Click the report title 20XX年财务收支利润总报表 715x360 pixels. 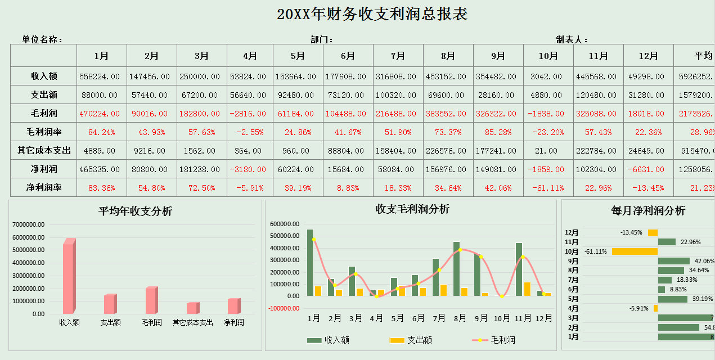tap(372, 14)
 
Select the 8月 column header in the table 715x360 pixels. tap(448, 56)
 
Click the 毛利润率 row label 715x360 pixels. tap(44, 132)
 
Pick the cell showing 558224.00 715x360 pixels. tap(100, 76)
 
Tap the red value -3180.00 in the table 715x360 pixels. tap(250, 169)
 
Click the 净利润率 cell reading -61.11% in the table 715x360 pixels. tap(548, 188)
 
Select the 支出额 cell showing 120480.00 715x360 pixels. tap(598, 95)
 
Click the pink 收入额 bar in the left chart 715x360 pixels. tap(68, 277)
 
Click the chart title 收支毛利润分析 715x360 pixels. tap(412, 209)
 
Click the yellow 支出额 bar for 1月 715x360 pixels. tap(318, 291)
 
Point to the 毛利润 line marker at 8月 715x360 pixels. tap(460, 250)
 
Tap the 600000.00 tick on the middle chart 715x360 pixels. tap(286, 224)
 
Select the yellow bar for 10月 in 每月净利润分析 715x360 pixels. tap(635, 251)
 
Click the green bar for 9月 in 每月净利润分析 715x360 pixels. tap(673, 261)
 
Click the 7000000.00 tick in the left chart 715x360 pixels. tap(29, 224)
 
